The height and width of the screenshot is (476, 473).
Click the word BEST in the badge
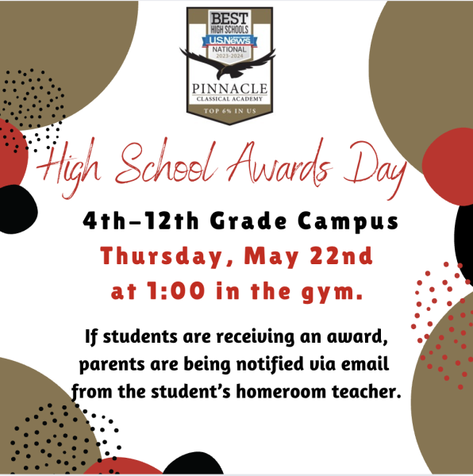click(229, 18)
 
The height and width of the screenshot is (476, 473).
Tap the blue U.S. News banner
click(229, 40)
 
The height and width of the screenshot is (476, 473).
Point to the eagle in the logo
click(228, 63)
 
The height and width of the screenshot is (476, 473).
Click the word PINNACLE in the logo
click(229, 89)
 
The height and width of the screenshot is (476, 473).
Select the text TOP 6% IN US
click(230, 111)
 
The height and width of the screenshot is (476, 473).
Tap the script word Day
click(375, 170)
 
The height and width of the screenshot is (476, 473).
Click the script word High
click(68, 167)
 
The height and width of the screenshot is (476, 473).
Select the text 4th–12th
click(140, 221)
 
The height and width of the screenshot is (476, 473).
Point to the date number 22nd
click(341, 255)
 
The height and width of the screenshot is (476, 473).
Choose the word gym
click(333, 292)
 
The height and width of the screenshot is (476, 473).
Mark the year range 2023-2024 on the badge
click(230, 56)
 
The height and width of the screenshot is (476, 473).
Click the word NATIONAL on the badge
click(229, 49)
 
